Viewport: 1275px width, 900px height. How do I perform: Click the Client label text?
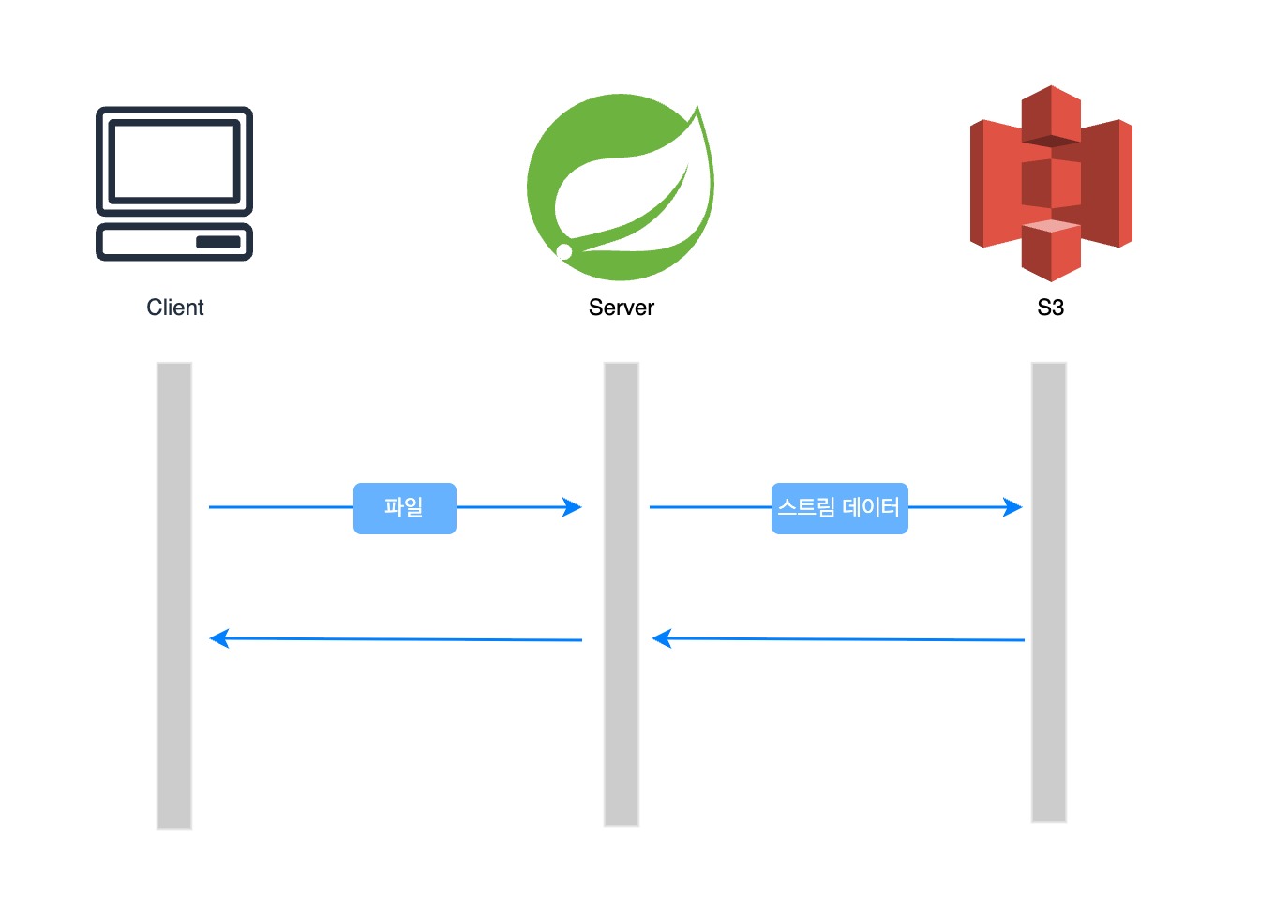coord(174,307)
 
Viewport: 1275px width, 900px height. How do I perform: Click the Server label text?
coord(621,307)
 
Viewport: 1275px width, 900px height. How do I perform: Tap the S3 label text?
coord(1050,307)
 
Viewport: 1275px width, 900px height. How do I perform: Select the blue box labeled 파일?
coord(405,508)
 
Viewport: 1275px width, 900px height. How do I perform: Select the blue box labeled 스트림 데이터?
coord(840,508)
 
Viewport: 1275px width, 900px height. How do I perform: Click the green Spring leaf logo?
coord(621,187)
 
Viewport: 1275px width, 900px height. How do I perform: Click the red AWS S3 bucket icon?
coord(1051,184)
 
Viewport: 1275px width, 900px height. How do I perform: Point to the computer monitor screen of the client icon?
coord(174,161)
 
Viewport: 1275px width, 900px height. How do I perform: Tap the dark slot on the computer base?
coord(218,242)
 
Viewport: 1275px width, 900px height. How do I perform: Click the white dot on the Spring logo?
coord(564,251)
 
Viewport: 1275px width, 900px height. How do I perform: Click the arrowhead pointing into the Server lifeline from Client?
coord(572,506)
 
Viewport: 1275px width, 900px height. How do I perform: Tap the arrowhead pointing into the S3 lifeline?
coord(1012,506)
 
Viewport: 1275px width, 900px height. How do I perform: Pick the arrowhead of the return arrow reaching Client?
coord(219,638)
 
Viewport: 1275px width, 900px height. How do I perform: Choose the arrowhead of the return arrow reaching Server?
coord(662,638)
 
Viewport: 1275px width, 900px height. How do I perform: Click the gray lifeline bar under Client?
coord(174,595)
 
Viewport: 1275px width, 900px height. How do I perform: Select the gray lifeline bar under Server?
coord(621,593)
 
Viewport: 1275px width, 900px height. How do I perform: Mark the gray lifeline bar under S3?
coord(1049,592)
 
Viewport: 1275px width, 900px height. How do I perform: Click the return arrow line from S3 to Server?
coord(838,639)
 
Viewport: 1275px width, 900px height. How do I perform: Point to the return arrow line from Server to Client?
coord(396,639)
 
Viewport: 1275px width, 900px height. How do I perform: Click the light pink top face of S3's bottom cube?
coord(1051,225)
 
